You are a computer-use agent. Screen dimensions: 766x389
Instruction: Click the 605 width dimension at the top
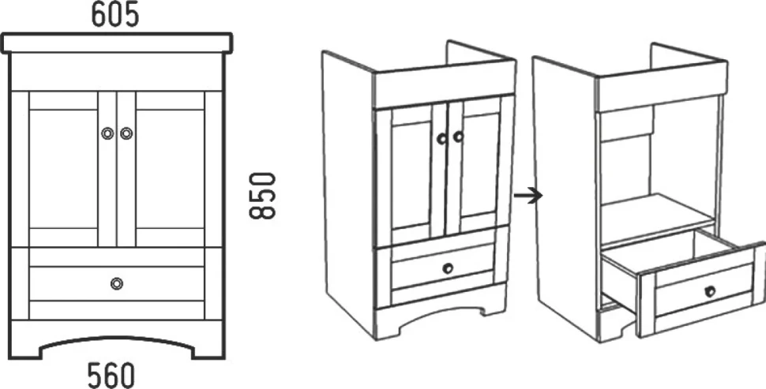coord(115,15)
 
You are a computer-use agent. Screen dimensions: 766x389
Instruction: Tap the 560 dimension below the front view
coord(111,375)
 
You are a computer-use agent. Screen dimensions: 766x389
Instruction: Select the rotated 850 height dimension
coord(263,195)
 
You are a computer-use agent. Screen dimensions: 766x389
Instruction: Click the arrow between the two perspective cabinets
coord(528,196)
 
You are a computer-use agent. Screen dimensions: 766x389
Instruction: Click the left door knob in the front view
coord(107,133)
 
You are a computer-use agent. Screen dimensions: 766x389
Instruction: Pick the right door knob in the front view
coord(126,133)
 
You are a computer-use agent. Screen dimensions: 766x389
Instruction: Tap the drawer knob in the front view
coord(117,283)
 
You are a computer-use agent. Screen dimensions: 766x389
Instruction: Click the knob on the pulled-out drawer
coord(710,291)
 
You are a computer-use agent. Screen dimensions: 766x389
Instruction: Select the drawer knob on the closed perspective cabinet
coord(448,268)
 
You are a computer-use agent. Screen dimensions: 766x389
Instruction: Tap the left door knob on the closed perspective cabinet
coord(441,139)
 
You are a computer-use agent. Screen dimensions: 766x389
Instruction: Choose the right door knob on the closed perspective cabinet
coord(458,137)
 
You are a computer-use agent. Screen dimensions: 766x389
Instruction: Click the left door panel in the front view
coord(63,169)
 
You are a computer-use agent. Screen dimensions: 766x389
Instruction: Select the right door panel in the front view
coord(170,169)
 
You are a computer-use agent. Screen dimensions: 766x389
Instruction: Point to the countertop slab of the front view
coord(117,43)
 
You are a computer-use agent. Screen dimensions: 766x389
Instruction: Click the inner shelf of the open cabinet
coord(655,215)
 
